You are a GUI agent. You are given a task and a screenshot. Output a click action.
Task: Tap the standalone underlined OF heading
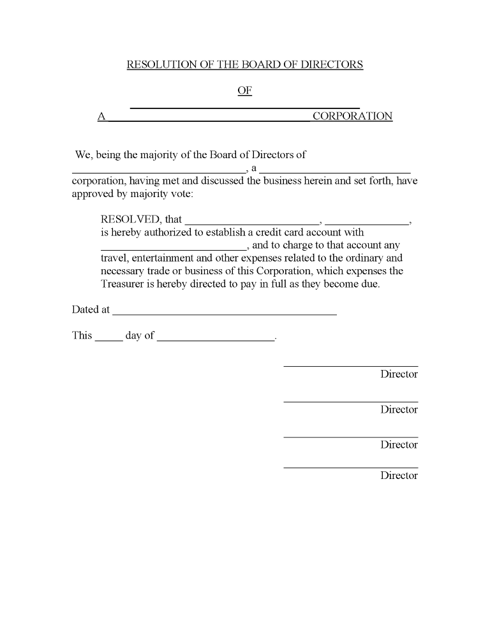point(244,91)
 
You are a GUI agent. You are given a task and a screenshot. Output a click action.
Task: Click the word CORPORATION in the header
point(352,116)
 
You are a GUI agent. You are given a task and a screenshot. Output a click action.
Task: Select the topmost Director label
point(399,374)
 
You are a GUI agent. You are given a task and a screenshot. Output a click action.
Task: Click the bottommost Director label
point(399,475)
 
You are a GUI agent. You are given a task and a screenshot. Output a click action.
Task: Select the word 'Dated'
point(85,309)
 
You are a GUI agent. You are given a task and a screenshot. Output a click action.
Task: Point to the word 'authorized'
point(178,232)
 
